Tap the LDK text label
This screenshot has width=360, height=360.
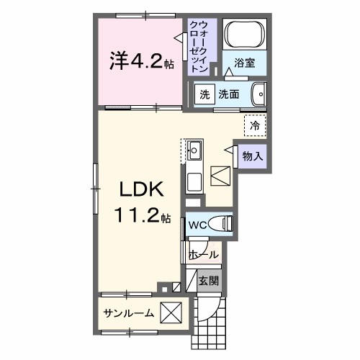(x=139, y=190)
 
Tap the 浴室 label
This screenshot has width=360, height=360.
(x=245, y=63)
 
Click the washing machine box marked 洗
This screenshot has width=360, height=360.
(x=204, y=95)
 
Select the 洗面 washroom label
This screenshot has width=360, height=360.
(x=229, y=95)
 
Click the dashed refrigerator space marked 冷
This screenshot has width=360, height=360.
(x=255, y=125)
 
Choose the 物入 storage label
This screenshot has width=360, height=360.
(x=252, y=156)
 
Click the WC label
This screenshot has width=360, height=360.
(x=198, y=225)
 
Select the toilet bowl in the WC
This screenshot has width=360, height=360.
(x=223, y=224)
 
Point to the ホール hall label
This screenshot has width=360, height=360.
(x=203, y=254)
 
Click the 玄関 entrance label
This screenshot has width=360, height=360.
(x=208, y=279)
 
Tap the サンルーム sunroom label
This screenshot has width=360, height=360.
(x=128, y=312)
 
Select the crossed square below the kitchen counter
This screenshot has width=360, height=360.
(x=219, y=176)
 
